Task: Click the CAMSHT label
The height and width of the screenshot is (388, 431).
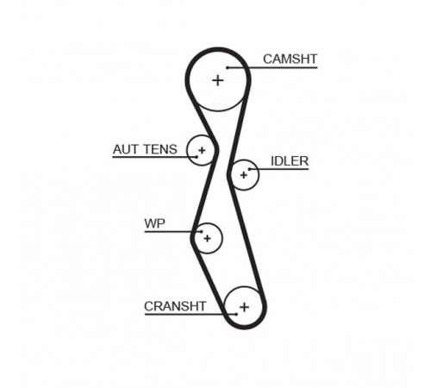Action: pyautogui.click(x=290, y=59)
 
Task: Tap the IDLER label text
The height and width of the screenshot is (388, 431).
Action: pyautogui.click(x=290, y=161)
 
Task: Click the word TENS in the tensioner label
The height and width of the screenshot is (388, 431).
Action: pyautogui.click(x=160, y=149)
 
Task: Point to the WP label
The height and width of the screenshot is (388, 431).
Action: pyautogui.click(x=155, y=223)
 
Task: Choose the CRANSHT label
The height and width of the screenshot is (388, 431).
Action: pyautogui.click(x=175, y=306)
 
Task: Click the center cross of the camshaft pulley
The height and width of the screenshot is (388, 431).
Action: pyautogui.click(x=218, y=80)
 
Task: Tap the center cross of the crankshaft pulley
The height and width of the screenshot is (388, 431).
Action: pyautogui.click(x=244, y=307)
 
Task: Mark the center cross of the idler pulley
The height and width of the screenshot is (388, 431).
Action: pyautogui.click(x=244, y=175)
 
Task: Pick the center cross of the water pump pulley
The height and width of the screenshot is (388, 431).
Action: pyautogui.click(x=207, y=238)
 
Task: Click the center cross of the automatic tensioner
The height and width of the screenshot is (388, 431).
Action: pyautogui.click(x=202, y=150)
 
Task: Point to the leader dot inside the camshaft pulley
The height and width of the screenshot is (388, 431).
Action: pyautogui.click(x=228, y=68)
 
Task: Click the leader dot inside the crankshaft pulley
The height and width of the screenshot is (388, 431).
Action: pyautogui.click(x=236, y=315)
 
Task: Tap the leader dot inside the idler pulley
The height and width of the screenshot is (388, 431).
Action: pyautogui.click(x=249, y=169)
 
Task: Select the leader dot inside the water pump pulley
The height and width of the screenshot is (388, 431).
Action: pyautogui.click(x=202, y=232)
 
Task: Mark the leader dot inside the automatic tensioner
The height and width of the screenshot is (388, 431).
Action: pyautogui.click(x=197, y=157)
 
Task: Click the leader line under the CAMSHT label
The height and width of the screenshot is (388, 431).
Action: pyautogui.click(x=272, y=68)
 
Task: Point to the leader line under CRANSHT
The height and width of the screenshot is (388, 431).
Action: pyautogui.click(x=191, y=315)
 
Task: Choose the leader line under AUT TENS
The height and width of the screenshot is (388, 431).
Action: pyautogui.click(x=154, y=157)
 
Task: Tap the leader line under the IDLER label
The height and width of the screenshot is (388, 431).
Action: pyautogui.click(x=279, y=169)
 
